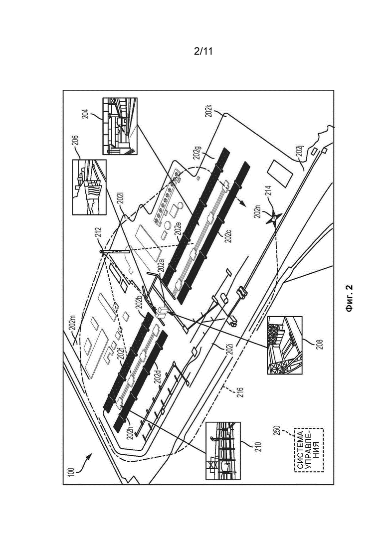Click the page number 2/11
click(203, 51)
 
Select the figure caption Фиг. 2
click(349, 298)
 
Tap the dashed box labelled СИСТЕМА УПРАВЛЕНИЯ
click(309, 450)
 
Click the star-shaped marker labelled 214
click(273, 219)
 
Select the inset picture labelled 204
click(119, 126)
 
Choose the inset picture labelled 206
click(89, 187)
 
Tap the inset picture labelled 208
click(284, 345)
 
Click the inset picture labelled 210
click(223, 451)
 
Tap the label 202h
click(130, 429)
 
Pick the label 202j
click(299, 151)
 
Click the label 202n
click(258, 211)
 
